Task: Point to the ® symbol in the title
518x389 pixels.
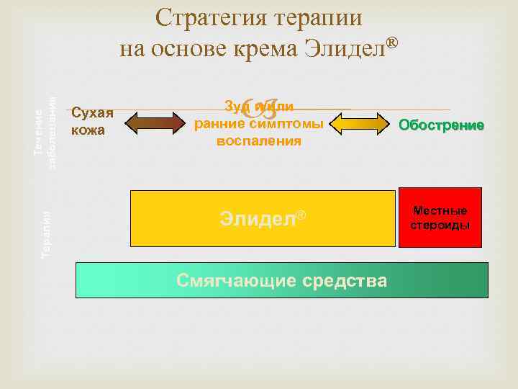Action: point(392,43)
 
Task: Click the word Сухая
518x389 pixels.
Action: point(93,113)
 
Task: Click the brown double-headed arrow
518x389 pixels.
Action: point(155,122)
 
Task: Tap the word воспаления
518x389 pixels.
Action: point(259,141)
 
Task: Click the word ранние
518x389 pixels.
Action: point(218,124)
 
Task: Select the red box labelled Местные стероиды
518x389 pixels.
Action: point(440,218)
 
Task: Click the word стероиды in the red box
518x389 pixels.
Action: point(440,225)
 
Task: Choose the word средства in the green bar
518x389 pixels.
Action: point(347,280)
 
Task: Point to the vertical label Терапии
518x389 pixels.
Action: point(46,234)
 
